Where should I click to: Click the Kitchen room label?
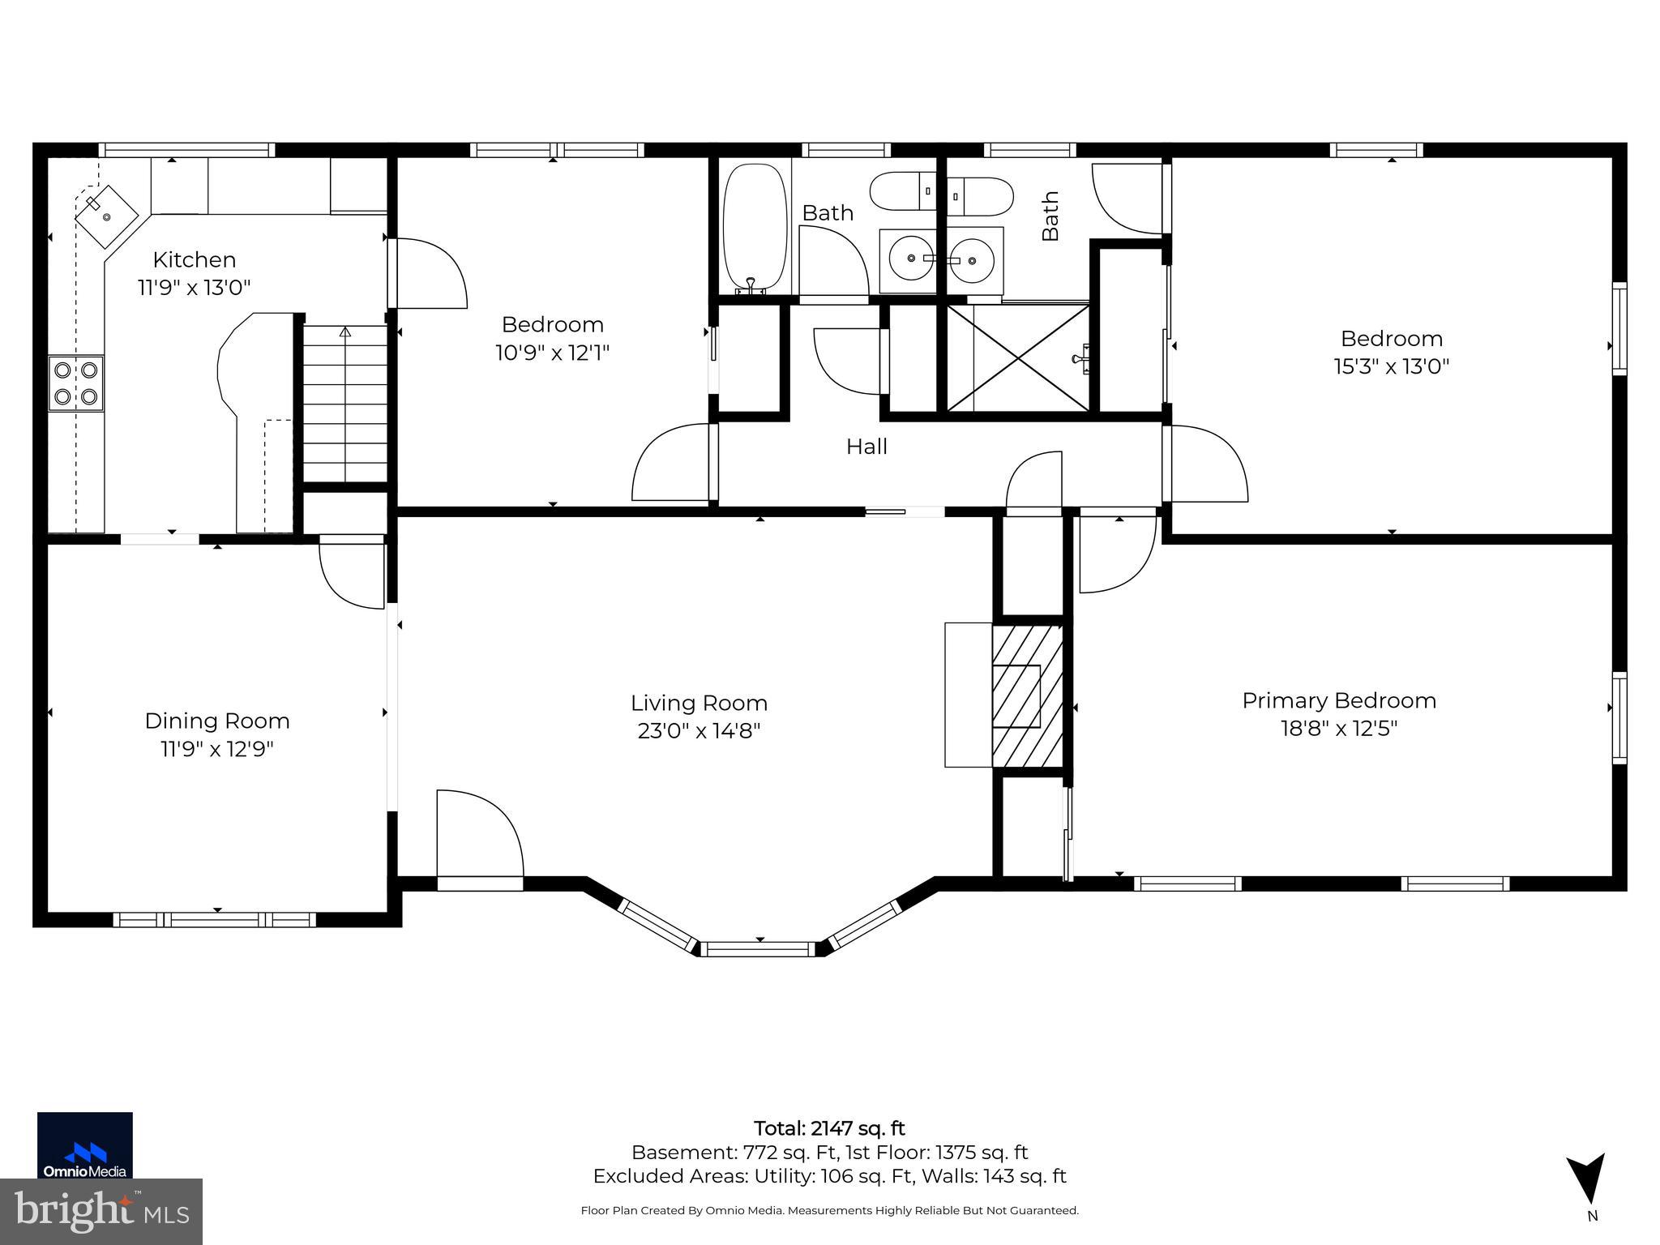(x=195, y=260)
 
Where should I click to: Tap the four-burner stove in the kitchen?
(x=76, y=383)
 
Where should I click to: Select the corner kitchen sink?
(x=106, y=216)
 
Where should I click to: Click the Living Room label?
(x=699, y=703)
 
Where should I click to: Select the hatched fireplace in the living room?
(x=1027, y=696)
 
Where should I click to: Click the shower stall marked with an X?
(x=1018, y=357)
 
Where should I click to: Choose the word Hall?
(x=866, y=447)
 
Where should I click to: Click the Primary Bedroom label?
(x=1339, y=700)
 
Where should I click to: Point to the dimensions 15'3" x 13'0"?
(x=1392, y=366)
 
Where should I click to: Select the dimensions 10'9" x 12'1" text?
(x=552, y=353)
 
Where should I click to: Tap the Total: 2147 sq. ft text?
(x=829, y=1128)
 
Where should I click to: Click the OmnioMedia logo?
(x=85, y=1144)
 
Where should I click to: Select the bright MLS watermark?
(x=101, y=1211)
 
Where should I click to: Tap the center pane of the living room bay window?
(x=759, y=948)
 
